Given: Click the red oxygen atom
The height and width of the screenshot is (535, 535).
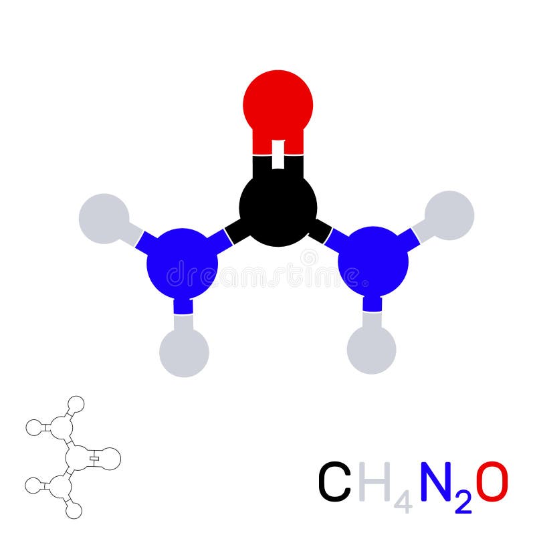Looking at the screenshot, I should pos(278,104).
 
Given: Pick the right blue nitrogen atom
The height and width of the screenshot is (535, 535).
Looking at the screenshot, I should pos(373,262).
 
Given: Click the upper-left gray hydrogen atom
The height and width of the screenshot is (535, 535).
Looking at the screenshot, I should pos(104,218).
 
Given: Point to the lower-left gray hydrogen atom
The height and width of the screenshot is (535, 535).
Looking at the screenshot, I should pos(184,352).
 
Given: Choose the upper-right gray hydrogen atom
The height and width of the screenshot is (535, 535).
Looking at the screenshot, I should pos(449,215).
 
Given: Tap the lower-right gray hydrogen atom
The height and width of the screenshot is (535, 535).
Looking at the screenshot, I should pos(371,350).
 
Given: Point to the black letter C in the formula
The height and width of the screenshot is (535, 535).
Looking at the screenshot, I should pos(334,481).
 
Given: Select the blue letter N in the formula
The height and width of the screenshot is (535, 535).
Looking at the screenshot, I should pos(437,481).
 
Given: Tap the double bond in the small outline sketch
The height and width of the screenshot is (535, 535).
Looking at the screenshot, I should pos(95,458).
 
